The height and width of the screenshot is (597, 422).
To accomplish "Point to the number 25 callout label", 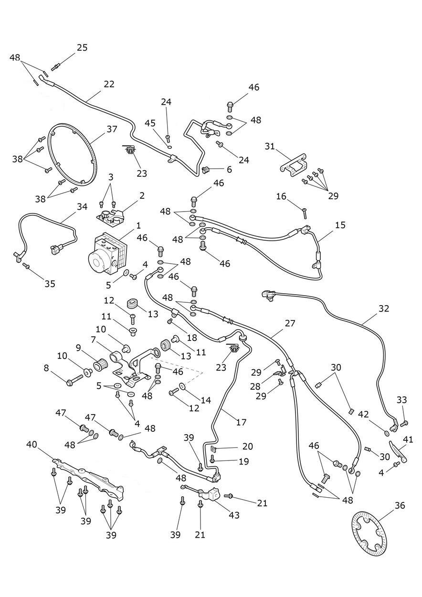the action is [x=82, y=48].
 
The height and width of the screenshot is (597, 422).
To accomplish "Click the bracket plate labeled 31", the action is [x=293, y=165].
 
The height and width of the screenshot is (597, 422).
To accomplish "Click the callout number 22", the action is [x=109, y=84].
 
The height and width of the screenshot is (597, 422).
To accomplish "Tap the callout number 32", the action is [x=384, y=309].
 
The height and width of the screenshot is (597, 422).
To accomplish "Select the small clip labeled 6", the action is [x=206, y=170].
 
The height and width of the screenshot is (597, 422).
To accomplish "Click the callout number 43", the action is [x=234, y=515].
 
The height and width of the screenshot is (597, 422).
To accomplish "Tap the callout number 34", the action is [x=82, y=207].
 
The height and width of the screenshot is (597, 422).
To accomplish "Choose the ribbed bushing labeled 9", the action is [x=101, y=364].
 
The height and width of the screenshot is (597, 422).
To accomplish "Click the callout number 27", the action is [x=290, y=323].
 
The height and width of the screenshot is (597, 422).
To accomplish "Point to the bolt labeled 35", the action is [x=26, y=266].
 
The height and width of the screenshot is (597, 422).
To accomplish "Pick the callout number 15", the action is [x=340, y=225].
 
